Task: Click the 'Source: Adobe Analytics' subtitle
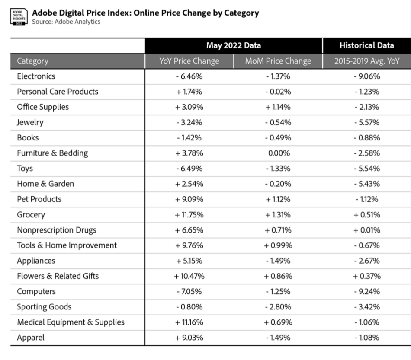(x=66, y=22)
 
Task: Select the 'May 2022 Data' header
(x=234, y=45)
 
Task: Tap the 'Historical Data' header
(x=366, y=45)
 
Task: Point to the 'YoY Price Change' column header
(x=189, y=61)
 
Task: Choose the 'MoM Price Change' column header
(x=278, y=61)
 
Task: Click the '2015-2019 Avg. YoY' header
(x=366, y=61)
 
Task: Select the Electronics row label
(x=36, y=76)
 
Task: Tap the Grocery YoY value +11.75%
(x=189, y=215)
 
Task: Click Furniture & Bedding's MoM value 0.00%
(x=278, y=153)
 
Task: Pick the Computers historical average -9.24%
(x=366, y=291)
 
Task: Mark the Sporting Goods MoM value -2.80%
(x=278, y=307)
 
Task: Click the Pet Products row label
(x=39, y=199)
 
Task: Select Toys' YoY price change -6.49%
(x=189, y=169)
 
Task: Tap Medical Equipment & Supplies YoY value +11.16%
(x=189, y=322)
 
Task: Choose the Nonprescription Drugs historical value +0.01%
(x=366, y=230)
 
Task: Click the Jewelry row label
(x=30, y=122)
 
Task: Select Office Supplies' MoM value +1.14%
(x=278, y=107)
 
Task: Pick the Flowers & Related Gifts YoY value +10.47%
(x=189, y=276)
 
